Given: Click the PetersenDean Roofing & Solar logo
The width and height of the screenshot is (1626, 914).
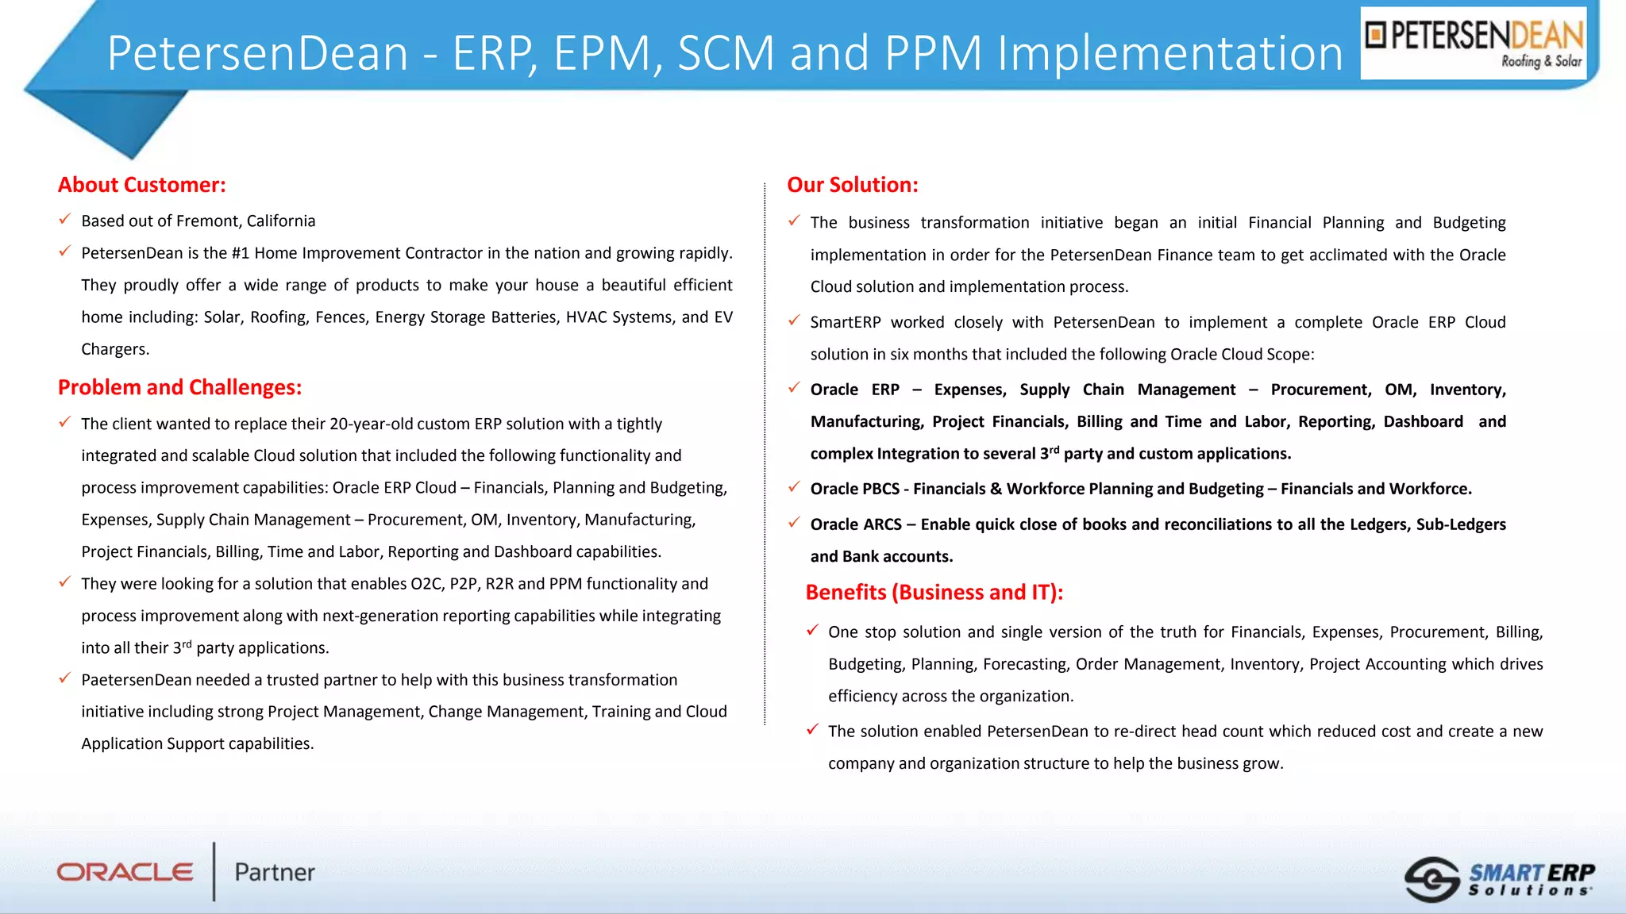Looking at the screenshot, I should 1474,43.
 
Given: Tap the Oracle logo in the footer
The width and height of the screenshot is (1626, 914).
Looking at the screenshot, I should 125,872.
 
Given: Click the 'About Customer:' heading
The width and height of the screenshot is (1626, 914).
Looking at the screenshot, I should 142,185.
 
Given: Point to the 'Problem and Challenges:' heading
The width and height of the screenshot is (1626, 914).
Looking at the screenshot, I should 180,387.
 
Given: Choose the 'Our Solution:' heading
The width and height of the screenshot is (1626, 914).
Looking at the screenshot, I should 853,185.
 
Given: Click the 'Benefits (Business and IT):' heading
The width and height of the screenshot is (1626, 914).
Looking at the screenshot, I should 934,592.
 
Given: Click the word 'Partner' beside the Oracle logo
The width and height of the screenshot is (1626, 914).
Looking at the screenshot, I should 275,872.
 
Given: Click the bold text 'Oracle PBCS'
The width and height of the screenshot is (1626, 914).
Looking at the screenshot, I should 854,489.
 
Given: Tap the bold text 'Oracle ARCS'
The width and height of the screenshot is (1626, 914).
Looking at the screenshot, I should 856,524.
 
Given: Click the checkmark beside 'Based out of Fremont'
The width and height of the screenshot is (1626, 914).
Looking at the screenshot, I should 65,219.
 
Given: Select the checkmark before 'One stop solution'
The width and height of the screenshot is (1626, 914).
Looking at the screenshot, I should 812,631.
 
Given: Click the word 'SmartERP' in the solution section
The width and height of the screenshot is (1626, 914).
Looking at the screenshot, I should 846,322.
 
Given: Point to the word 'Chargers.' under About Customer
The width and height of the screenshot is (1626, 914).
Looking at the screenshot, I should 115,349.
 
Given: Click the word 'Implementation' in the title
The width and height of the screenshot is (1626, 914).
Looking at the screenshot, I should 1169,53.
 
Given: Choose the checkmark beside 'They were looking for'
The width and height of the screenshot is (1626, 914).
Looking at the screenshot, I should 65,582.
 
